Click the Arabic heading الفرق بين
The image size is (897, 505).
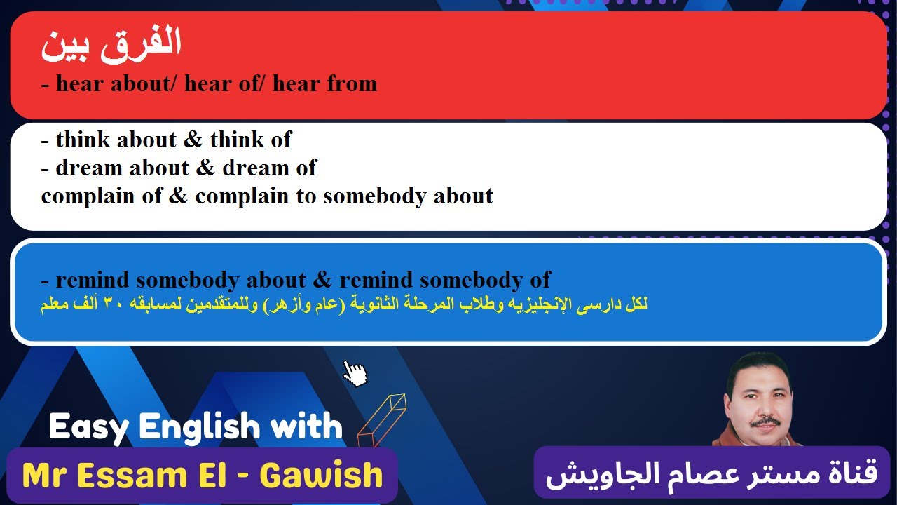[111, 43]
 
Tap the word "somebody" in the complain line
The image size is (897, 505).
[375, 196]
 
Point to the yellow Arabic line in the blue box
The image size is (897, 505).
[343, 305]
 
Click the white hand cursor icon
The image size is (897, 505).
[355, 372]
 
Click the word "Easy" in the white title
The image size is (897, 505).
[89, 426]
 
